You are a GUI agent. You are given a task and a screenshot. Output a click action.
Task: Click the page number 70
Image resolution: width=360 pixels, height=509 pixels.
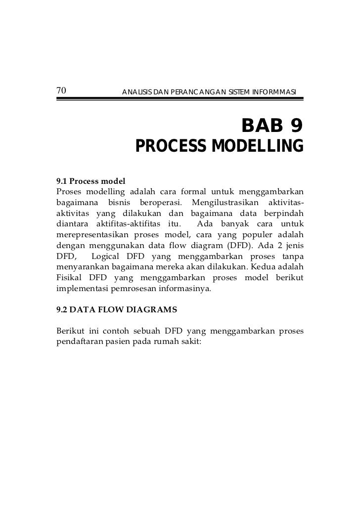point(61,90)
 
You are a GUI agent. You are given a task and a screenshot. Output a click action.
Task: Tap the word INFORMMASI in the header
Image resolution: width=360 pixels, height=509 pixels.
point(274,92)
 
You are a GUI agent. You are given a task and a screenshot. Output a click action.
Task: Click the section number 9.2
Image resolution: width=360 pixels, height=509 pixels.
point(62,311)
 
